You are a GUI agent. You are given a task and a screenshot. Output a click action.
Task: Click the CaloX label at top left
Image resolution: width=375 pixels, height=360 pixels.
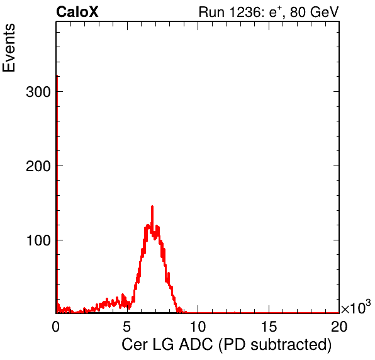77,12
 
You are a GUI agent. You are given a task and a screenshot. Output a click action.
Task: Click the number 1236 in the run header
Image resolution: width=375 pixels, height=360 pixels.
245,12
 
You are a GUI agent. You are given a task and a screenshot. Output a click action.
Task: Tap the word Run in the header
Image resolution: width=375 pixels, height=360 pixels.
211,12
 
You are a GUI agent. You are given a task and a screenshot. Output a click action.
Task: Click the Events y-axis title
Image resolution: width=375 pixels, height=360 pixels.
9,48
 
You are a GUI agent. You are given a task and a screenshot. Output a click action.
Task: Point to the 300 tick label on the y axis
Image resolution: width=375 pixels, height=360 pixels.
38,92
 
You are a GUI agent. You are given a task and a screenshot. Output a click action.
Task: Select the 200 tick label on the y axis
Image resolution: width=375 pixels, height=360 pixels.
38,166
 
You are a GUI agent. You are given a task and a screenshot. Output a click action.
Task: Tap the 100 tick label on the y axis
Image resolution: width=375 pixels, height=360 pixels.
38,240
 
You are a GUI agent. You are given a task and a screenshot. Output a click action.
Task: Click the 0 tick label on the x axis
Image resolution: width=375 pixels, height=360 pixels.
56,326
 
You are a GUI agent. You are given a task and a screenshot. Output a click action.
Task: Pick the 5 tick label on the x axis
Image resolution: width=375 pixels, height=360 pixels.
126,326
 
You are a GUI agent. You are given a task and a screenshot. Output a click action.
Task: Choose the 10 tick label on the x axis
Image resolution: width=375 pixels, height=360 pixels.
198,326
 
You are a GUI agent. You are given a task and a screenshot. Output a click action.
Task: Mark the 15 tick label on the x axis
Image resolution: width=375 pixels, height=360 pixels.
269,326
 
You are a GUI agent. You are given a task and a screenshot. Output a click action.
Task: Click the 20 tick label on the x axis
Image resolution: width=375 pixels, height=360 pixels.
339,326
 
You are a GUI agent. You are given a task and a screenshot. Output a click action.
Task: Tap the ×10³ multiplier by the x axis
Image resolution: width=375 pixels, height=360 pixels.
355,307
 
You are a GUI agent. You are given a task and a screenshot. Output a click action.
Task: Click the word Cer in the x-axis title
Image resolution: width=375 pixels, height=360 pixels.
135,344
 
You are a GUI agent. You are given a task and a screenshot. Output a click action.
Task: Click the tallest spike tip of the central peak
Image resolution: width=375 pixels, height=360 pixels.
152,206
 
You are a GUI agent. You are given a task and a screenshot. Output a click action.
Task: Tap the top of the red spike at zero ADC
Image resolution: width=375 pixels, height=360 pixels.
57,76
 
